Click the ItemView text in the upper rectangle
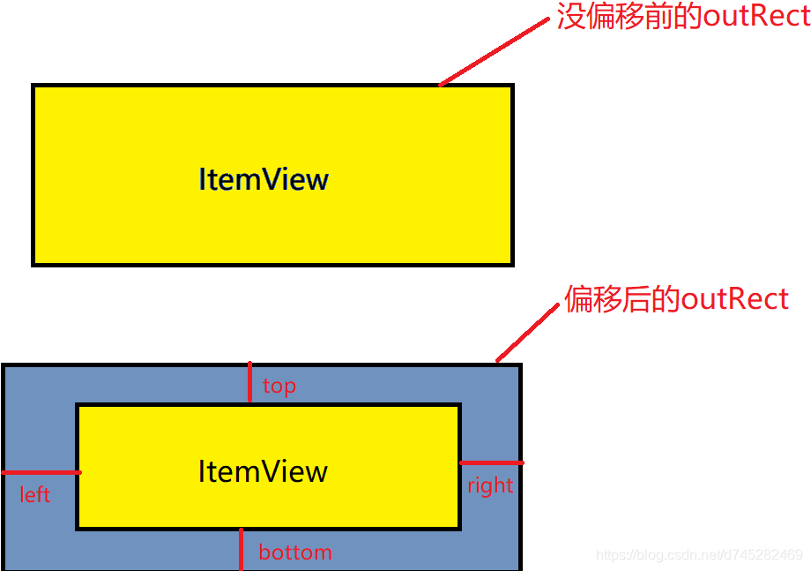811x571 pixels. [x=264, y=179]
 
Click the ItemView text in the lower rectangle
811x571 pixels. [x=263, y=470]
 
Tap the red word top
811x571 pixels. [x=279, y=386]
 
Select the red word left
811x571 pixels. [x=35, y=494]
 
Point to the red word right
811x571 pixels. [x=490, y=485]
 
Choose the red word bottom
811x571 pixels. [x=295, y=552]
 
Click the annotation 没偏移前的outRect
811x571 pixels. [x=683, y=17]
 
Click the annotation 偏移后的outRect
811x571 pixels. [x=676, y=299]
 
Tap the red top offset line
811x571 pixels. [x=250, y=382]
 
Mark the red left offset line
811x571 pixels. [x=41, y=473]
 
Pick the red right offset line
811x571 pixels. [x=491, y=462]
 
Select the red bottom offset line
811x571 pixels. [x=241, y=549]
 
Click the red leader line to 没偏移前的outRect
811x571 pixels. [x=494, y=52]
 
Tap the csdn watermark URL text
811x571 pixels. [x=699, y=555]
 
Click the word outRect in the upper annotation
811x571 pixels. [x=755, y=17]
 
